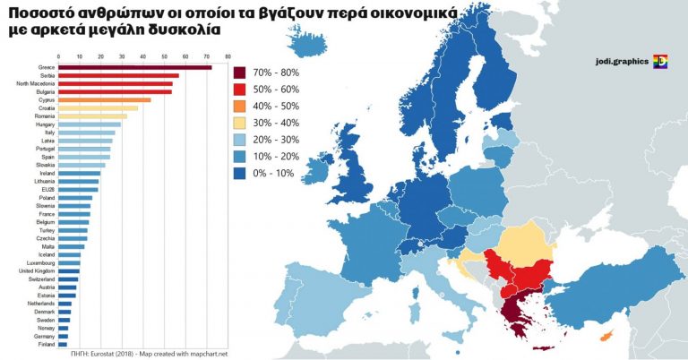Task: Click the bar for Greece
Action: (134, 67)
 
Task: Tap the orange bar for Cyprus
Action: (104, 99)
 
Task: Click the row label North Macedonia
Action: (36, 83)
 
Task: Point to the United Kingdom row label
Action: (36, 270)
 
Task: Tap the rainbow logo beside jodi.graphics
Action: (661, 62)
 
